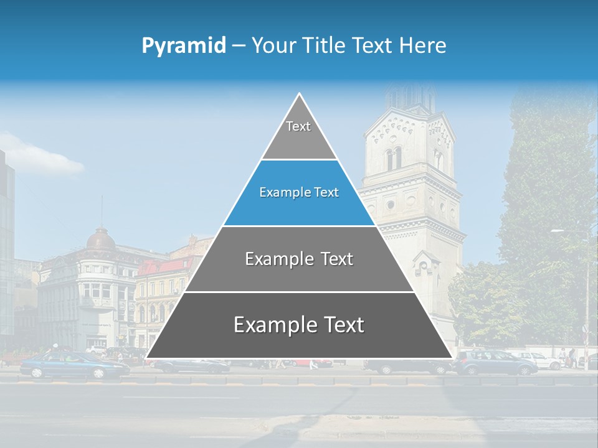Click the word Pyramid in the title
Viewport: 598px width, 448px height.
[183, 45]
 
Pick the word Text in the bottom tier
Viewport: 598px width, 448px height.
[339, 325]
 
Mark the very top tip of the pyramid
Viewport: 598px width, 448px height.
[300, 95]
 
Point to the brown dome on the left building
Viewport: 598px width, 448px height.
[100, 240]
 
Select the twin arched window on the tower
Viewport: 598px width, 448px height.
[394, 159]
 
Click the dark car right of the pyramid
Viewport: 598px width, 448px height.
[495, 362]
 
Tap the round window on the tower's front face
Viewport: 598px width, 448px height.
[391, 203]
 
